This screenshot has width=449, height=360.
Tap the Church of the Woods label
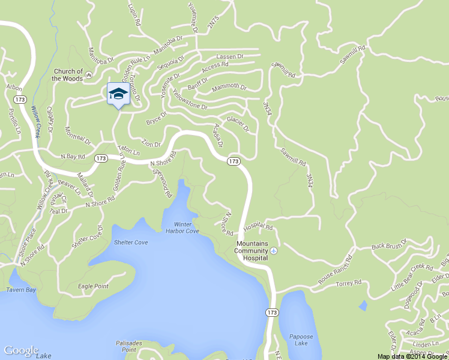67,75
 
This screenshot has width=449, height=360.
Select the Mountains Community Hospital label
252,250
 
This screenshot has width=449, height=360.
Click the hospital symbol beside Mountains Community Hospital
274,250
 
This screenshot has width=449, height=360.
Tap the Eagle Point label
93,286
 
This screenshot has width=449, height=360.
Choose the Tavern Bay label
22,290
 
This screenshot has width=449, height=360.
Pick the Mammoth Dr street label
229,88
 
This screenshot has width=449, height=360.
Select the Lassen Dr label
229,56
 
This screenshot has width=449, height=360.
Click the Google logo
21,350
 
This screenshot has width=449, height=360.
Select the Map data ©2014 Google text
412,356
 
